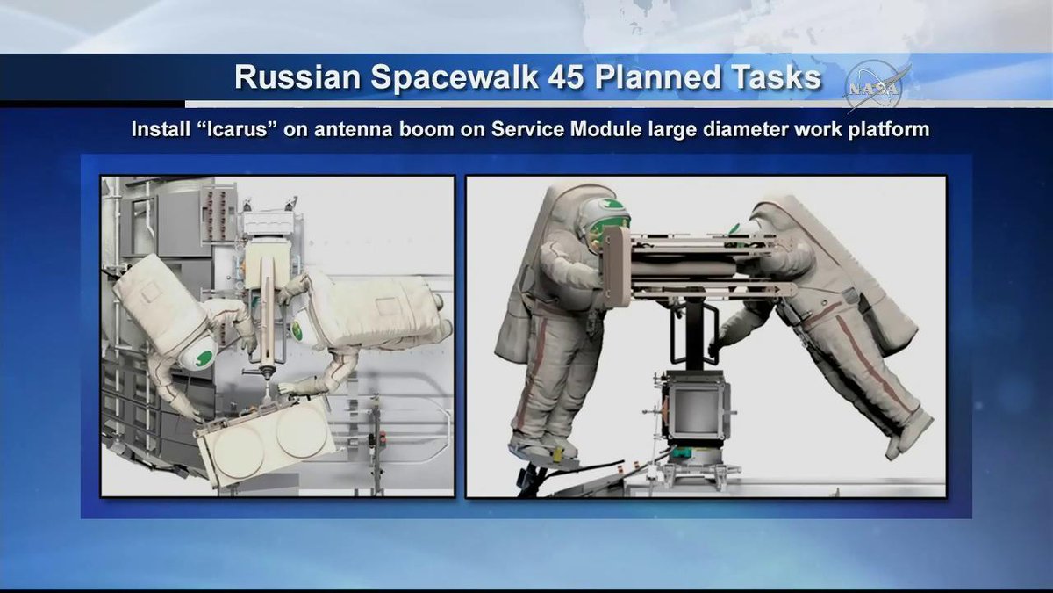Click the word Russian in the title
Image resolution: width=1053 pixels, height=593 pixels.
297,77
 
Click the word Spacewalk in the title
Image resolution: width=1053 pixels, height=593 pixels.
453,78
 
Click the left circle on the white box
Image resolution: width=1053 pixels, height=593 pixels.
239,452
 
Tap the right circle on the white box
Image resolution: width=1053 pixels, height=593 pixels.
301,431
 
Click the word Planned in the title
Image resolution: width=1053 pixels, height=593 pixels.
655,77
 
